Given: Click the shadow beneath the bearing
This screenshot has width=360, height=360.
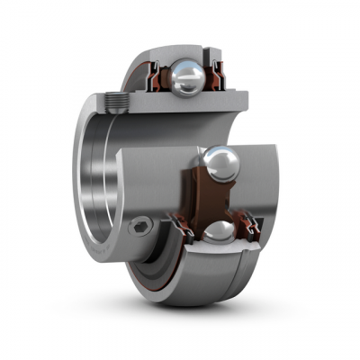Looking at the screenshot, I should click(x=225, y=310).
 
